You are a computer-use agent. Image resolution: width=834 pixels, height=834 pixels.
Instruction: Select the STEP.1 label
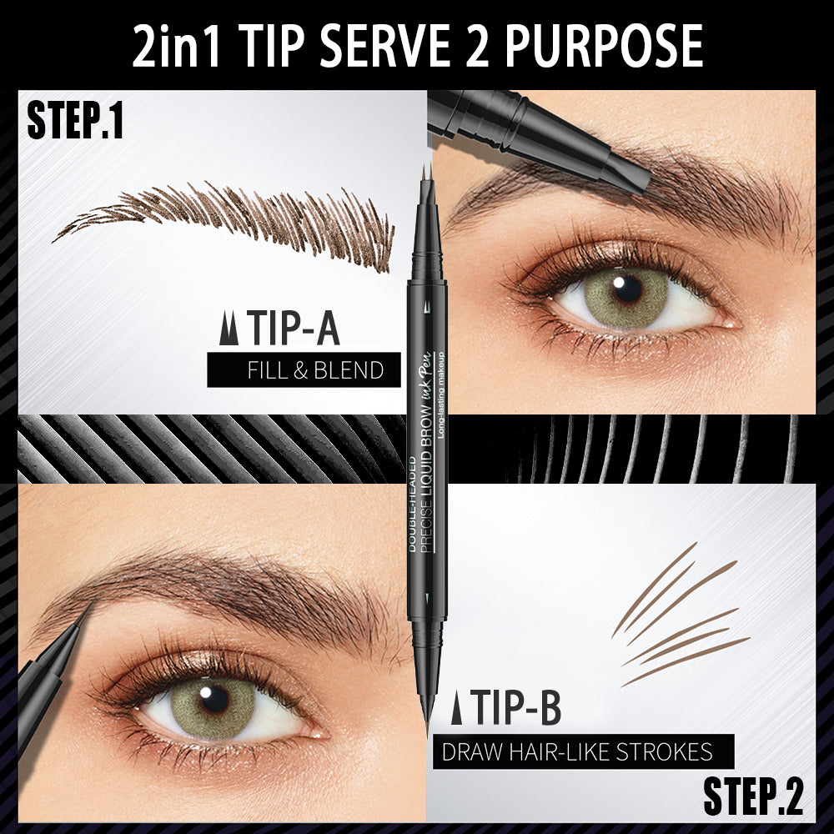[75, 123]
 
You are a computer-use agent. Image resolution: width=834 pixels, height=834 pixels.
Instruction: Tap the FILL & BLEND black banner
[304, 369]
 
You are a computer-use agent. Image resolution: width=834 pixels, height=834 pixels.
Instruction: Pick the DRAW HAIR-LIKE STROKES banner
[583, 751]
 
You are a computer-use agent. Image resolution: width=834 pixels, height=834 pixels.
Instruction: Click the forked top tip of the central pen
[427, 176]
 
